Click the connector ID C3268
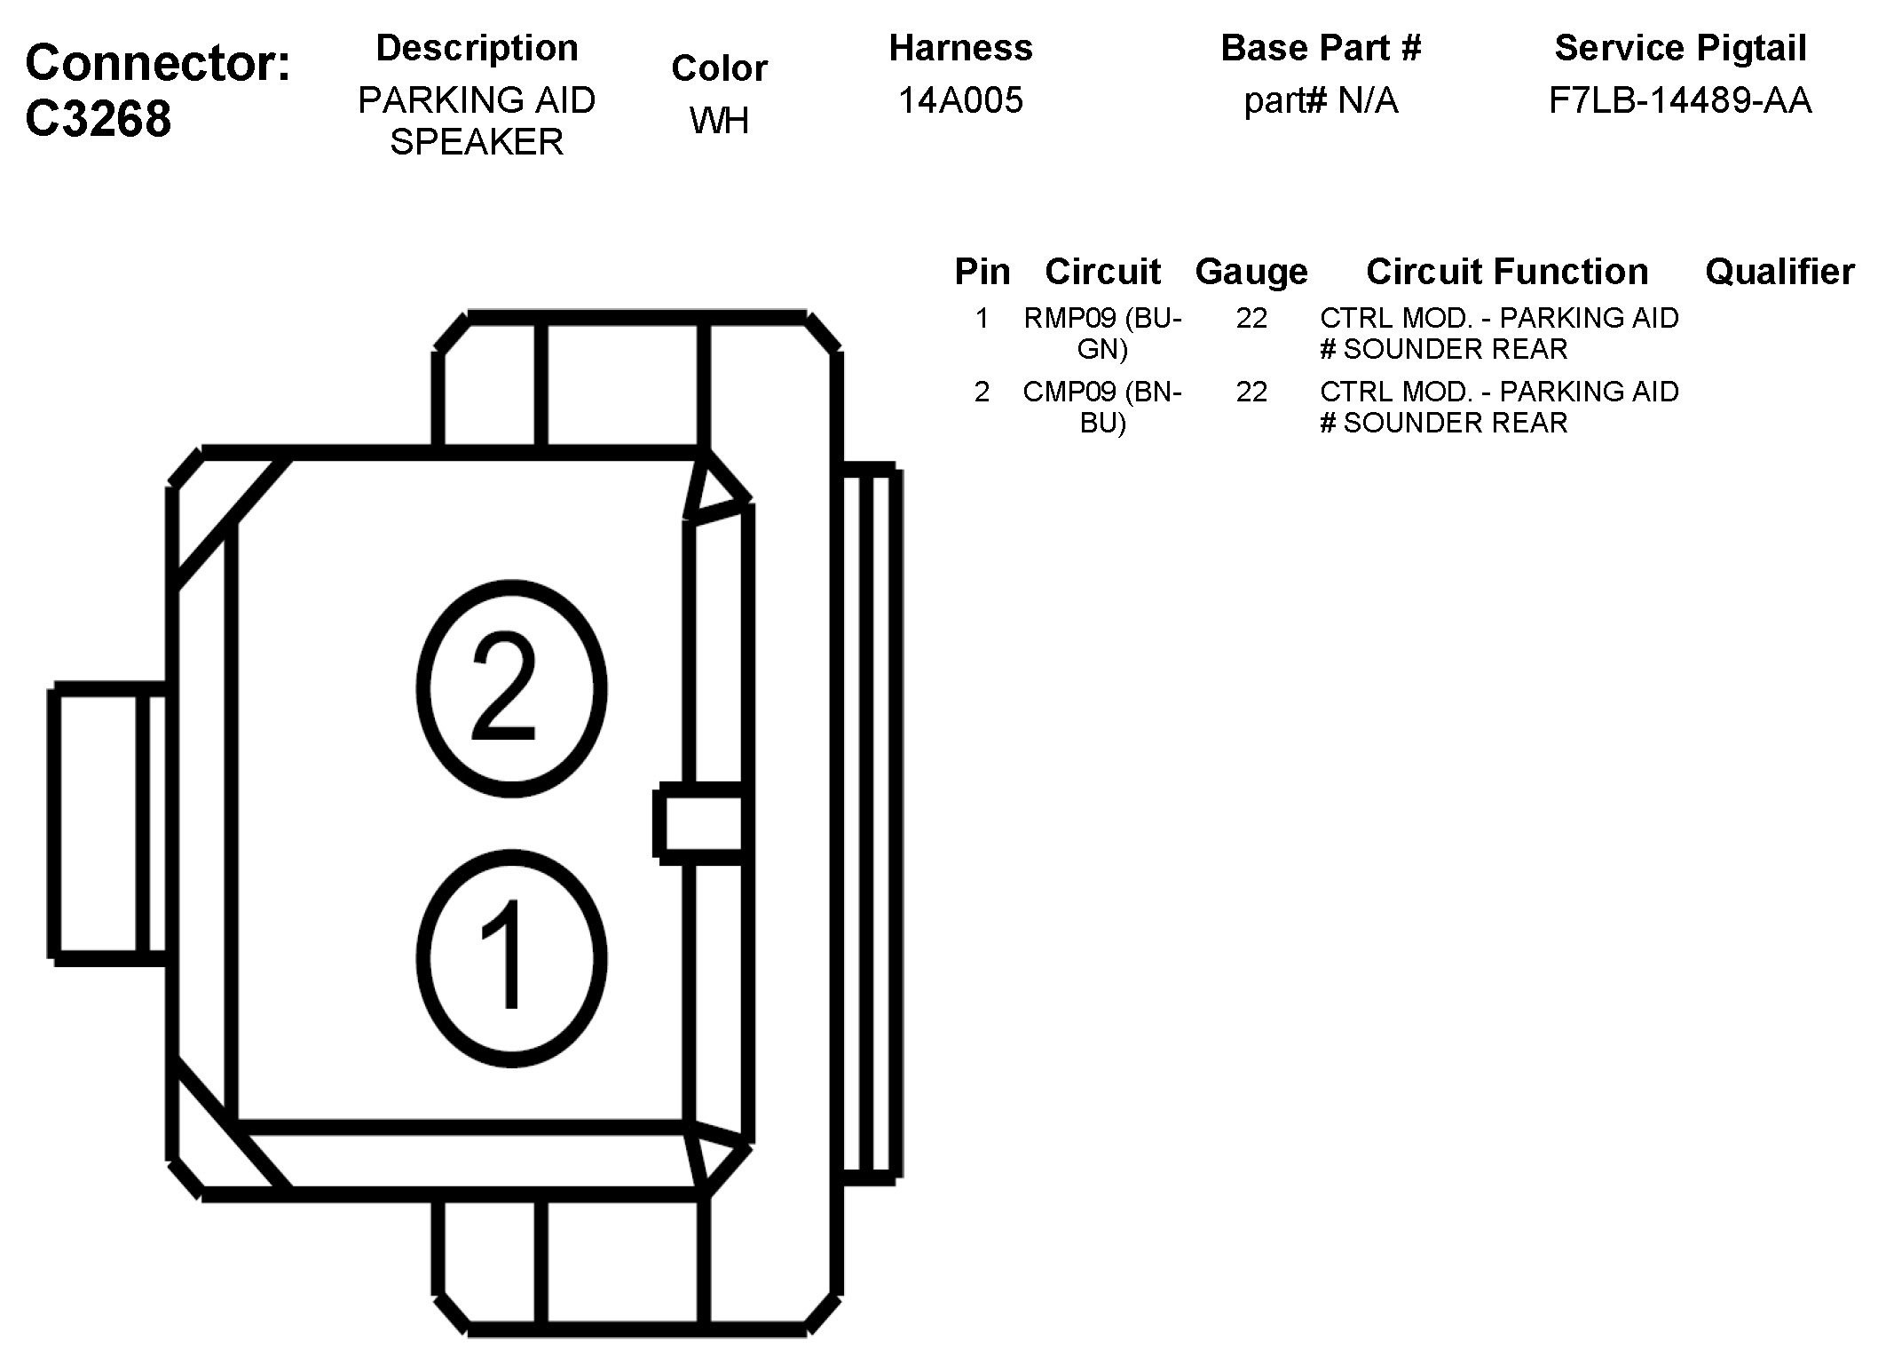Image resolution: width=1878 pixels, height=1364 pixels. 98,118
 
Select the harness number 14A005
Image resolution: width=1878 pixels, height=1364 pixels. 960,100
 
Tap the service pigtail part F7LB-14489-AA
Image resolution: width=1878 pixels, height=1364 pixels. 1679,100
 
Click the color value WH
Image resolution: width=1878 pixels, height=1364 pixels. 719,121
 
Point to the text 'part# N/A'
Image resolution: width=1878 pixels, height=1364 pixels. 1321,100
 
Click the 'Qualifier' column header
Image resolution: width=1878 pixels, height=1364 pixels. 1779,272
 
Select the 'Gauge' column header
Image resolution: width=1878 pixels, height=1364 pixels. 1251,272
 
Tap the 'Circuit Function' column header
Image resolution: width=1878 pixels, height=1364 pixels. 1507,272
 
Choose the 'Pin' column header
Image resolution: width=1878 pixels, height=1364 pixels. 982,272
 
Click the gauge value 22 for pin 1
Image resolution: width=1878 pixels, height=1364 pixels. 1251,318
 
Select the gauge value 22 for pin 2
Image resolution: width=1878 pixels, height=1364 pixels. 1251,392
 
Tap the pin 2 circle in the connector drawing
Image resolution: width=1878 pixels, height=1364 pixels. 511,689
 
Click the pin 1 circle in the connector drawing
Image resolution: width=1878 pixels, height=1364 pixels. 511,958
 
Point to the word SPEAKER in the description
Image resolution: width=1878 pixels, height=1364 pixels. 477,142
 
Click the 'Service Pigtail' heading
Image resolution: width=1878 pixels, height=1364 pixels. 1680,48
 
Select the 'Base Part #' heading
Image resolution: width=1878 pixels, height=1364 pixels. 1321,48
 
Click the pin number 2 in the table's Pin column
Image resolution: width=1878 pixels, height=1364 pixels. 982,392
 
